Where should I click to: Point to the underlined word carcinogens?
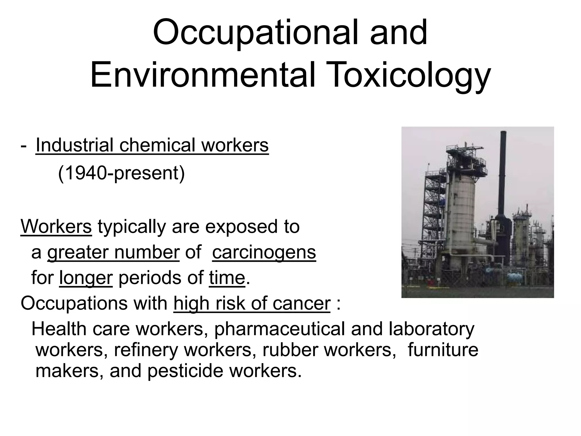pyautogui.click(x=264, y=252)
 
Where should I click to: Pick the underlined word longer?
pyautogui.click(x=86, y=278)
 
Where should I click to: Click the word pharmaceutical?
pyautogui.click(x=279, y=329)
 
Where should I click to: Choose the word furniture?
pyautogui.click(x=443, y=350)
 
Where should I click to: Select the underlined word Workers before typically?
pyautogui.click(x=56, y=227)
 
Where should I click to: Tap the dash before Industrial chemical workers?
pyautogui.click(x=24, y=146)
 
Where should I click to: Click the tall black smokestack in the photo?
pyautogui.click(x=503, y=176)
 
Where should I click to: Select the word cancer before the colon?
pyautogui.click(x=302, y=303)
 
